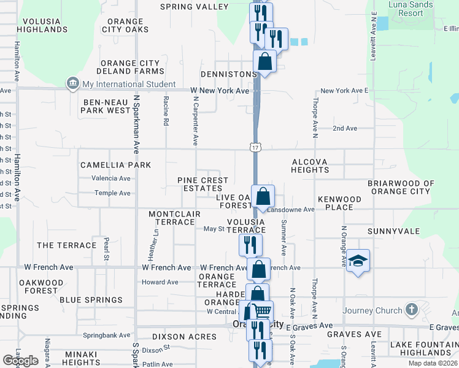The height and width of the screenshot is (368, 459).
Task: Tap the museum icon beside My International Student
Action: pos(73,84)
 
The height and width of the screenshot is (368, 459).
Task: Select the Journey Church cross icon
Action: pos(411,310)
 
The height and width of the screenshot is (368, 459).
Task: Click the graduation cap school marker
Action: pos(358,261)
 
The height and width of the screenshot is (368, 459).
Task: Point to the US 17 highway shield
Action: pos(256,147)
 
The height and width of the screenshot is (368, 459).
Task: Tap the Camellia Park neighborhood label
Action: pos(115,165)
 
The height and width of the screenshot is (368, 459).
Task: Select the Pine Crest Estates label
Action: pos(202,184)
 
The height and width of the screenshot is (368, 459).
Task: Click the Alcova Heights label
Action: pos(310,166)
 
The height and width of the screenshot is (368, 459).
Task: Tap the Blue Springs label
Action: pos(91,300)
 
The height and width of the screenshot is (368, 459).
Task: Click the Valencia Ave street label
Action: pos(111,178)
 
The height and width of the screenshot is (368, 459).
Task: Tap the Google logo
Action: pos(20,361)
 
